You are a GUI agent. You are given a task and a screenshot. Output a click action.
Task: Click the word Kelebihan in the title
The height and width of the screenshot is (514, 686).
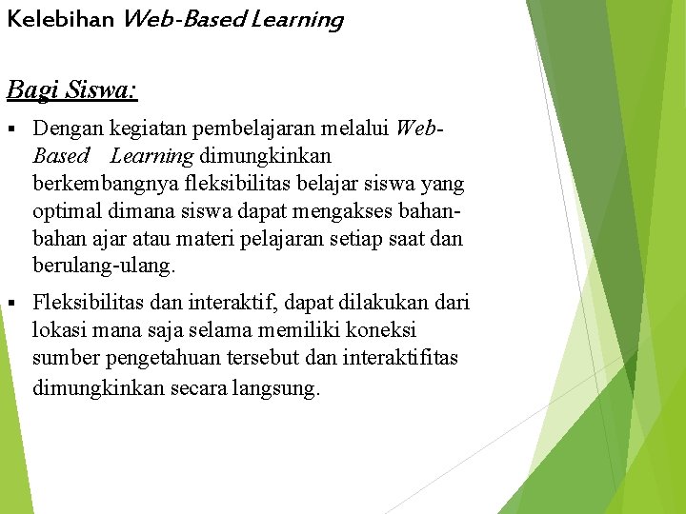click(x=60, y=19)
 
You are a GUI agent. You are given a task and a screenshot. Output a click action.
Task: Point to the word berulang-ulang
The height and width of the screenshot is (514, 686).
click(x=104, y=265)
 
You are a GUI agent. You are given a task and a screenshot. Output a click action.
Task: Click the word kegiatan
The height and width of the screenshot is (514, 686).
click(x=147, y=128)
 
